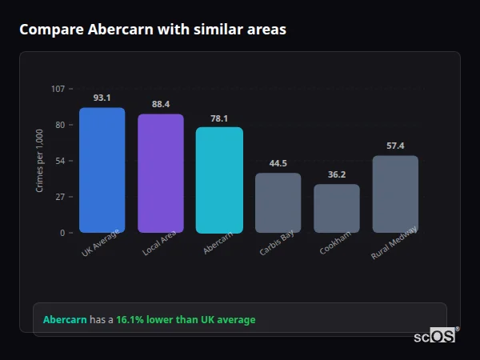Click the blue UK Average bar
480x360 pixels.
click(102, 170)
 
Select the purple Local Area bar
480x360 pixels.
click(161, 174)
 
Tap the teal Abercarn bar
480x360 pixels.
click(219, 180)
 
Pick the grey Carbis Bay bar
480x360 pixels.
click(278, 203)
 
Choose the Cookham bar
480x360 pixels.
click(337, 209)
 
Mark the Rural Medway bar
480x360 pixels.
click(395, 194)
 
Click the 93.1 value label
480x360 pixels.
click(102, 98)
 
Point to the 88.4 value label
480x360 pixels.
click(161, 104)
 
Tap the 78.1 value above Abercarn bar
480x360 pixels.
click(219, 118)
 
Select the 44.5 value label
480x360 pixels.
click(278, 163)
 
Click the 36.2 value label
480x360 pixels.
click(337, 174)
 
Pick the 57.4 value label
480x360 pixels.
click(395, 146)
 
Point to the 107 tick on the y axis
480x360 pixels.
click(58, 88)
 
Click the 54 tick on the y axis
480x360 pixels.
click(60, 161)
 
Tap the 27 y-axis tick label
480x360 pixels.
click(60, 197)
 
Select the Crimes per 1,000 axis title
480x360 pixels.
click(40, 161)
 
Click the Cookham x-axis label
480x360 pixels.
click(335, 243)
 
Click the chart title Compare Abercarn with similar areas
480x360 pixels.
click(153, 30)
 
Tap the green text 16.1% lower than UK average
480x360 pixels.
click(186, 320)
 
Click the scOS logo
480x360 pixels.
click(435, 337)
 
